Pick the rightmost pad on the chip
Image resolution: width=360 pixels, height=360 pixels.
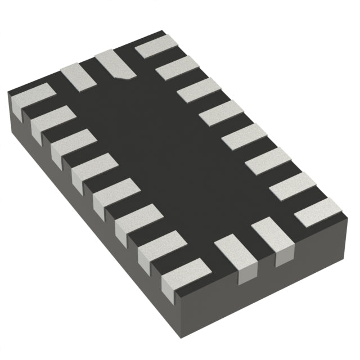[x=318, y=212]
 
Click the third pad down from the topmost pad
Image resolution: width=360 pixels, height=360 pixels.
[x=220, y=112]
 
